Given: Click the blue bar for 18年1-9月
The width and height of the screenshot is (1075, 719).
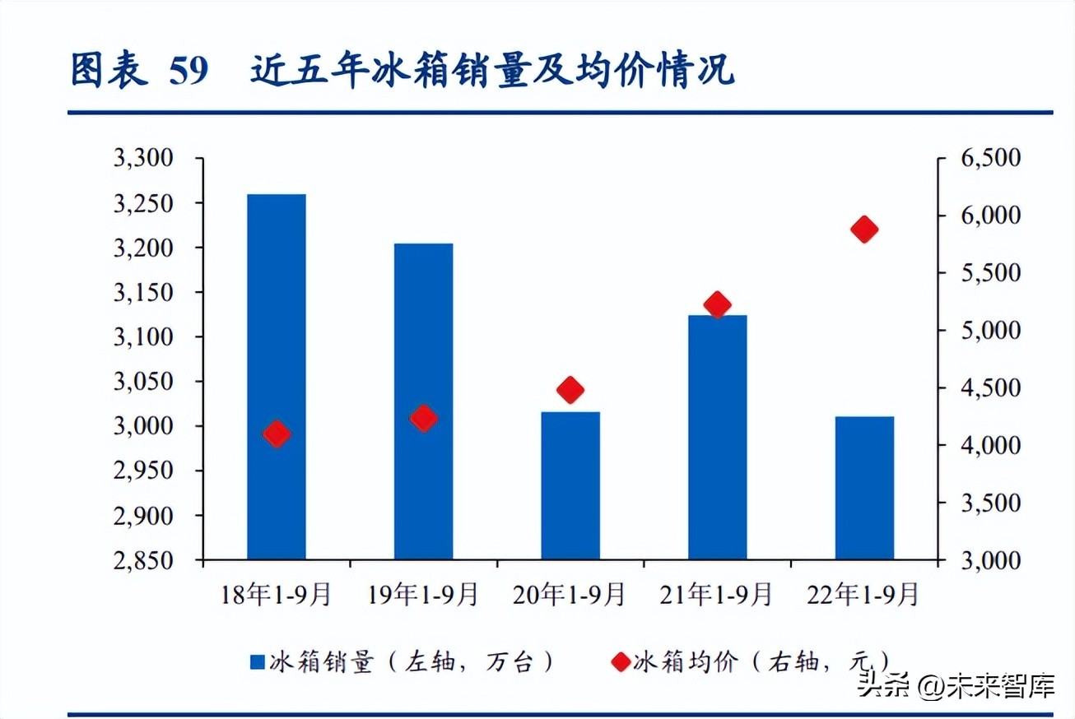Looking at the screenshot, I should [277, 377].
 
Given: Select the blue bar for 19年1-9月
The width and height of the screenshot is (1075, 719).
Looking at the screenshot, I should [423, 401].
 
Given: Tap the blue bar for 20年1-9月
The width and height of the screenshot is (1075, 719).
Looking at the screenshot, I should [570, 485].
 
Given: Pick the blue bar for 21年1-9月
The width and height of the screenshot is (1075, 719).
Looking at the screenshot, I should [717, 437].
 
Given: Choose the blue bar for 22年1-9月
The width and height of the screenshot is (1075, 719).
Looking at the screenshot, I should [864, 488].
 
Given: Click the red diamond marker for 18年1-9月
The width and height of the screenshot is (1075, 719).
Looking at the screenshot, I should [277, 434].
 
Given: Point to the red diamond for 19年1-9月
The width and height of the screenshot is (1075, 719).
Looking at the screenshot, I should [424, 418].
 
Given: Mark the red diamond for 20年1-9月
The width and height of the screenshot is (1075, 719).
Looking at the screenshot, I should [570, 390].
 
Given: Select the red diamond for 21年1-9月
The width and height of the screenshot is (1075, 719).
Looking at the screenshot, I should [718, 304].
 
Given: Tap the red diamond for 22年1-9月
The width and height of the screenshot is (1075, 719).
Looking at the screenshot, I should [864, 230].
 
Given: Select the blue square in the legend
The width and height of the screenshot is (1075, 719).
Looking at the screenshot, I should [258, 661].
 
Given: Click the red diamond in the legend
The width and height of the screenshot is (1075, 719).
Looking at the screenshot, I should [620, 661].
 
